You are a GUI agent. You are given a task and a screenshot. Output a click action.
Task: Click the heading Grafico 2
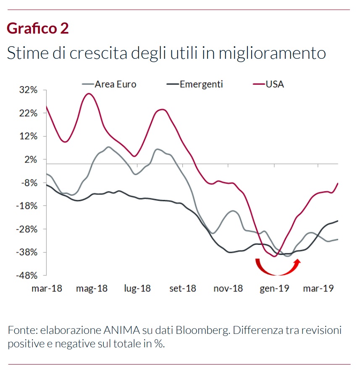tap(38, 28)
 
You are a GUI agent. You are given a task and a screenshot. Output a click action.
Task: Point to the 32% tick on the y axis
tap(28, 90)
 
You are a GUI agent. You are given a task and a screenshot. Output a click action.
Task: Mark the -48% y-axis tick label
tap(27, 276)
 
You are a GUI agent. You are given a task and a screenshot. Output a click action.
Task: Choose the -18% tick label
tap(27, 206)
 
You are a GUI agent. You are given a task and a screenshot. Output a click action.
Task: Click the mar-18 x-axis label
tap(47, 289)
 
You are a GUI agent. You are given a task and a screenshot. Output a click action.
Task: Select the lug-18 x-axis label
tap(137, 289)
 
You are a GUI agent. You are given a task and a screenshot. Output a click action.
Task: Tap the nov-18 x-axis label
tap(228, 289)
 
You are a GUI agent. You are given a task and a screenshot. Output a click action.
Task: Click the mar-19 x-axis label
tap(318, 289)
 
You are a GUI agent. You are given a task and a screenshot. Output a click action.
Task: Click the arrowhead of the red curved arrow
tap(298, 262)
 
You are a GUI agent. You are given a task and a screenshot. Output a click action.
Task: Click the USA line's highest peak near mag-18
tap(88, 93)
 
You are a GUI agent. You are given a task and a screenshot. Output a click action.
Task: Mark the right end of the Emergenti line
tap(338, 220)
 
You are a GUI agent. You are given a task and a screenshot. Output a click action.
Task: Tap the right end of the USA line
tap(338, 183)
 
